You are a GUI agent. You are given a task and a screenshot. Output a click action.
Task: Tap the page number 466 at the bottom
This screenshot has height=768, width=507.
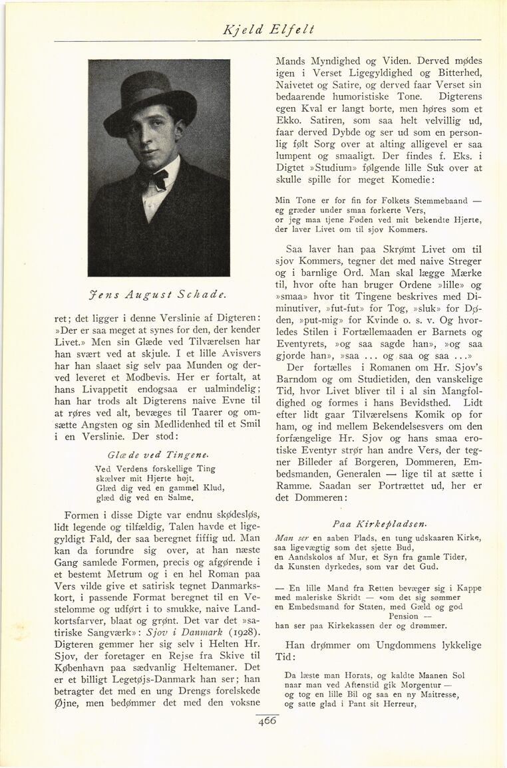point(267,719)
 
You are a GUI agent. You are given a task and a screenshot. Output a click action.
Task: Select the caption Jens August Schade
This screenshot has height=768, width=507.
point(160,293)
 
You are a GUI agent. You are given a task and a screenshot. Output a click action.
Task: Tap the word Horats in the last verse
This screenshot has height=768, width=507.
point(352,676)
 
